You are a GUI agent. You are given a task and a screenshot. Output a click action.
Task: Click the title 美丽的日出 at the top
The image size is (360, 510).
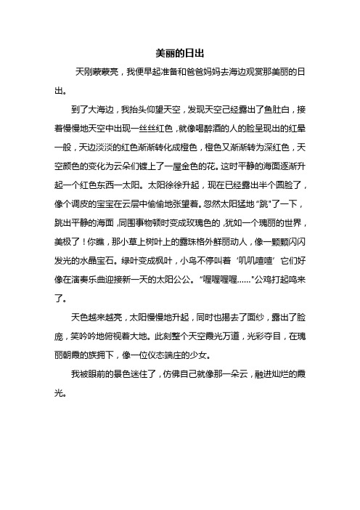click(180, 54)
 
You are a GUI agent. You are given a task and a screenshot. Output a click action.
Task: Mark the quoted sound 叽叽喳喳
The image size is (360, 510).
click(252, 248)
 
